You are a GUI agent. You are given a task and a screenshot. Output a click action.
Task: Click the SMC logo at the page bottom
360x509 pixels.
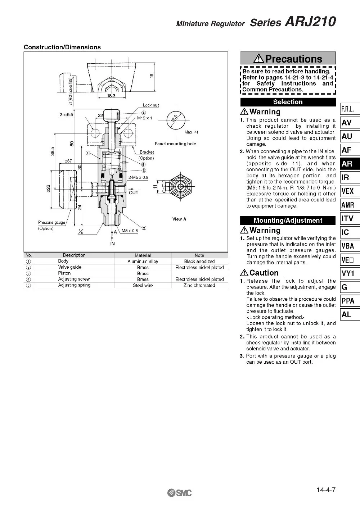click(x=179, y=493)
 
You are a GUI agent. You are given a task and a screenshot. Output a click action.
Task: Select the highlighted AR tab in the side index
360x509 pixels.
click(x=350, y=164)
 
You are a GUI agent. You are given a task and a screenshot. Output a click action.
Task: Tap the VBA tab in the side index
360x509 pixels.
click(x=350, y=246)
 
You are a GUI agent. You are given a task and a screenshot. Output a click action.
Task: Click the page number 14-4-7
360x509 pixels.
click(x=326, y=489)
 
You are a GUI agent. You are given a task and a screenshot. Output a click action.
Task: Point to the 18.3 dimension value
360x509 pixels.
click(x=111, y=96)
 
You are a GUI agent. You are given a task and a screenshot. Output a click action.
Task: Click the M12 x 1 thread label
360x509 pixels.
click(x=144, y=118)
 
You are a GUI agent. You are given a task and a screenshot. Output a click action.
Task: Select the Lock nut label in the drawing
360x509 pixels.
click(x=151, y=105)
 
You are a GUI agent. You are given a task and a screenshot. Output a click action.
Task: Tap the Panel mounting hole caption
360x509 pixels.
click(x=175, y=144)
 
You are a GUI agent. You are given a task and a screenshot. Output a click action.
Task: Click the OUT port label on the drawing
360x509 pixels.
click(x=134, y=193)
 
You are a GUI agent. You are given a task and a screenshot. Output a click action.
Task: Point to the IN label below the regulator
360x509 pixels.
click(x=112, y=244)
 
